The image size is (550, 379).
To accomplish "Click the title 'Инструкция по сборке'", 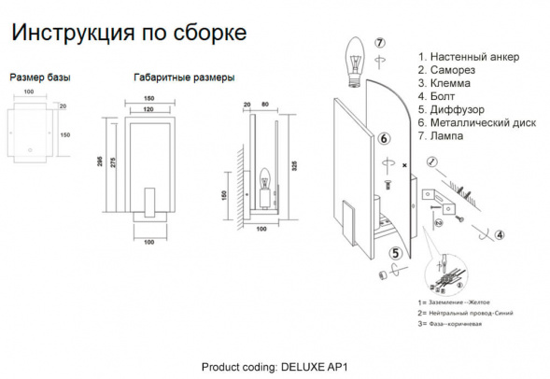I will pos(128,34).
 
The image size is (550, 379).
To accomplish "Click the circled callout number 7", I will pos(379,43).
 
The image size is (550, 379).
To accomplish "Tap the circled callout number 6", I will pos(384,139).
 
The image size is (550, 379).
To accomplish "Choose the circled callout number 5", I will pos(396,252).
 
